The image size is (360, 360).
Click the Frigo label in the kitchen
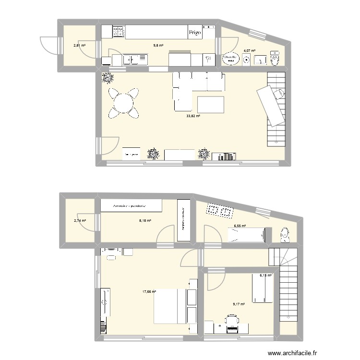tap(195, 33)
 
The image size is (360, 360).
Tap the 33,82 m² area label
tap(193, 116)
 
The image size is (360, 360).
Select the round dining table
tap(124, 103)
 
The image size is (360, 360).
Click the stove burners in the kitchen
tap(119, 32)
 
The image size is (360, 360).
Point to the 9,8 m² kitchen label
tap(158, 46)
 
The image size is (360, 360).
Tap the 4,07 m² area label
tap(249, 50)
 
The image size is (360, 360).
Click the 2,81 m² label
tap(79, 46)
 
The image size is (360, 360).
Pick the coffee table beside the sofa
tap(210, 104)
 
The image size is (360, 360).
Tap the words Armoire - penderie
tap(130, 205)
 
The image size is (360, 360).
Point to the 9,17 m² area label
tap(239, 304)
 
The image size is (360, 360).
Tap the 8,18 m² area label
tap(145, 221)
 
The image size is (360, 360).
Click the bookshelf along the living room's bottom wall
tap(224, 156)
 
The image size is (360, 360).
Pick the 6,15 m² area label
tap(266, 276)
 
